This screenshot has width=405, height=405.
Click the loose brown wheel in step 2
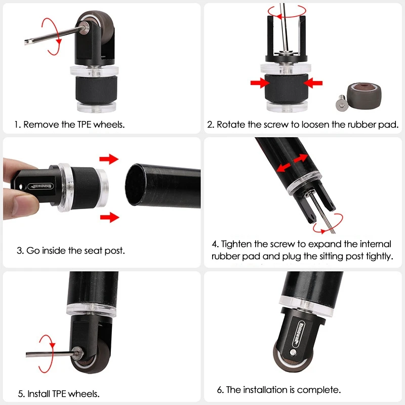tap(364, 96)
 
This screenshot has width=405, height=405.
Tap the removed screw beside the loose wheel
tap(341, 103)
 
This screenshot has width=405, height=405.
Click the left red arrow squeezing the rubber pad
tap(260, 83)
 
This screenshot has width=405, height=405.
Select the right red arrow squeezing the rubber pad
tap(313, 83)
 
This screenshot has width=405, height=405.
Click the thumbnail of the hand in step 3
tap(24, 205)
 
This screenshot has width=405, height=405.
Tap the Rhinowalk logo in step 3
tap(40, 186)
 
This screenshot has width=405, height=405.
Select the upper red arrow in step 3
tap(109, 159)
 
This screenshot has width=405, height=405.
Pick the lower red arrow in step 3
tap(110, 217)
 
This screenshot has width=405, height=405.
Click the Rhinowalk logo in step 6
tap(299, 334)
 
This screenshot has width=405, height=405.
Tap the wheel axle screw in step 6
tap(293, 352)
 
